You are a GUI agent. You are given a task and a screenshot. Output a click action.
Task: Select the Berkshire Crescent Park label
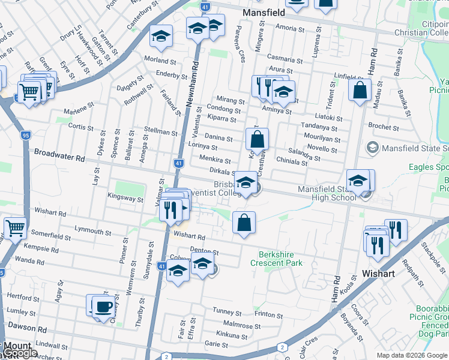tap(280, 259)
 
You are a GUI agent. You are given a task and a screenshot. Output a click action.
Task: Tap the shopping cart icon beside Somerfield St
tap(14, 227)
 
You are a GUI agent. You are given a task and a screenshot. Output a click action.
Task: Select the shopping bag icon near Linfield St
tap(360, 91)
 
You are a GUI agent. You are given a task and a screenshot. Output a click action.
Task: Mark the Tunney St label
tap(227, 313)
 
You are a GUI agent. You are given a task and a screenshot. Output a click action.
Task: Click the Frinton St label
tap(268, 314)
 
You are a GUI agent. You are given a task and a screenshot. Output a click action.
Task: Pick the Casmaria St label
tap(285, 59)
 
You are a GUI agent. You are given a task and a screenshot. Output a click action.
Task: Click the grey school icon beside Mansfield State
tap(373, 148)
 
